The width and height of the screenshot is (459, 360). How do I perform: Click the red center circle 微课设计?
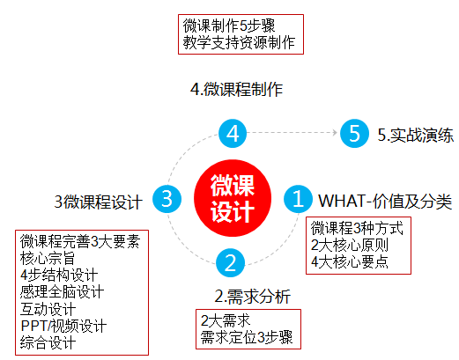233,198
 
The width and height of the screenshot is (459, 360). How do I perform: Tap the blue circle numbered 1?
298,199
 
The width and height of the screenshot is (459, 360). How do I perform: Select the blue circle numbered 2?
230,262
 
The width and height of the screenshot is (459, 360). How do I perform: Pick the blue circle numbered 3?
167,199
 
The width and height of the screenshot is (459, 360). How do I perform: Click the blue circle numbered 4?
233,133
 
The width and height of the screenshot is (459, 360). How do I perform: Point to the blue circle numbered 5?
354,133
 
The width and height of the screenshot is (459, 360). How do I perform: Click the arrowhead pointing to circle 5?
335,133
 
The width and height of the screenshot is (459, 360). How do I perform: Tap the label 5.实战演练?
415,136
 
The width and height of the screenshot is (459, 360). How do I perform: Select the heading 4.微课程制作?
236,90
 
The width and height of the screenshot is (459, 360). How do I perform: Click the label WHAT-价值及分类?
385,202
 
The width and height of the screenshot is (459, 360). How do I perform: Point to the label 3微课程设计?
99,202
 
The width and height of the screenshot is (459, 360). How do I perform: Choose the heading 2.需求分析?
253,297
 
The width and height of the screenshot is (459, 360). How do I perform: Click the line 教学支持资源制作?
239,43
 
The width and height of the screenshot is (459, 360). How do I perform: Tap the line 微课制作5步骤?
229,26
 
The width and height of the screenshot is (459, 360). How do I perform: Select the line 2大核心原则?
350,246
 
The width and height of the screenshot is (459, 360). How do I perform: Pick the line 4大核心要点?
350,262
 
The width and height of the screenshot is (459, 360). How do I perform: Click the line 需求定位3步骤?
247,337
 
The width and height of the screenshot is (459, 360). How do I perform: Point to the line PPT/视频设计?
63,326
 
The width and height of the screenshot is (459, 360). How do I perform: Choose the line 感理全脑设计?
62,292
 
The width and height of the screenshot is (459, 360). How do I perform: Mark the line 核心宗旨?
48,259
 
